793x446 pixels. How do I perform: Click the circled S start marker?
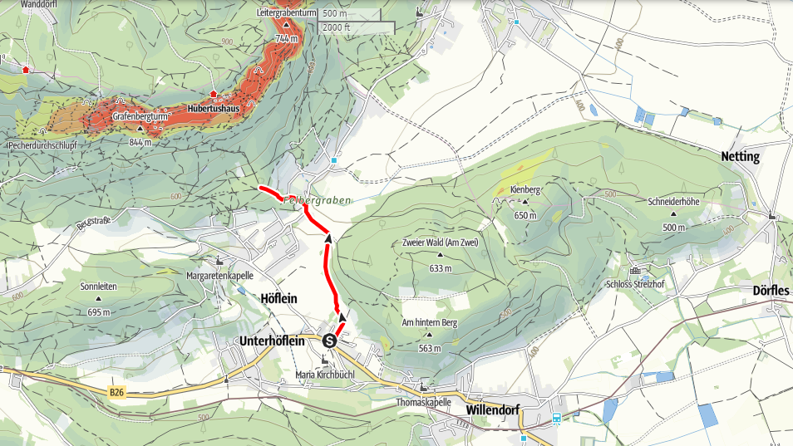coord(330,341)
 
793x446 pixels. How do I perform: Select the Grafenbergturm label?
coord(141,118)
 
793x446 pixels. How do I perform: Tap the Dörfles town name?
coord(771,291)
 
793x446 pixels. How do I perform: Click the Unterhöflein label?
coord(279,341)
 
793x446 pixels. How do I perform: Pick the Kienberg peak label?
coord(525,190)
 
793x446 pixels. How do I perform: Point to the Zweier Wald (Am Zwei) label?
coord(440,243)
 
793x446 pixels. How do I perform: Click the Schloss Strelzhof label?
coord(640,283)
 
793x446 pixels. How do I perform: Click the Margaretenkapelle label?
coord(219,275)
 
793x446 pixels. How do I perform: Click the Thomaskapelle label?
coord(424,401)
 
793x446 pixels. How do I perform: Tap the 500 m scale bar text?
coord(336,14)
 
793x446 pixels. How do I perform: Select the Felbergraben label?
coord(317,200)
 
